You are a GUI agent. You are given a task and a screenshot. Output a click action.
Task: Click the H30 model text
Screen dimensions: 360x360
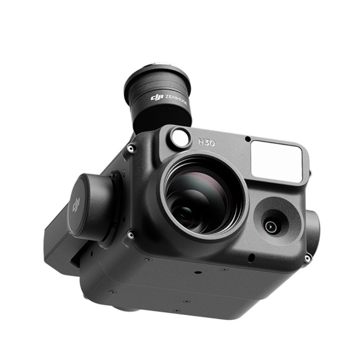[x=207, y=143]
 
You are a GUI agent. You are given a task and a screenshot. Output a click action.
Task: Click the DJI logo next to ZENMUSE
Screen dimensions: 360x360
[x=157, y=98]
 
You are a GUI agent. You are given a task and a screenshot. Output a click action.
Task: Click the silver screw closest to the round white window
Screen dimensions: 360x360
[x=131, y=148]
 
